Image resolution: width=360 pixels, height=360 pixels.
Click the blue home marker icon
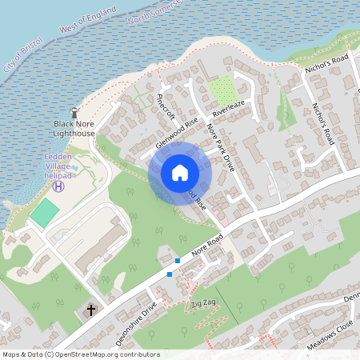(x=180, y=173)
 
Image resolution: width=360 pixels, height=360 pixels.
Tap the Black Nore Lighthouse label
(x=74, y=129)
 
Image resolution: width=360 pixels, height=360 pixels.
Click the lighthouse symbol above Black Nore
(x=75, y=113)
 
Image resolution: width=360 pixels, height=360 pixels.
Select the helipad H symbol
(x=58, y=186)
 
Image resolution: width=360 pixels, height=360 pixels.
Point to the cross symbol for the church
(x=90, y=309)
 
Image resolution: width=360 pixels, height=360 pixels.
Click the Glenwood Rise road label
(x=177, y=131)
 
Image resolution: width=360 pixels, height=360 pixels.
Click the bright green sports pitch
(x=45, y=212)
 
